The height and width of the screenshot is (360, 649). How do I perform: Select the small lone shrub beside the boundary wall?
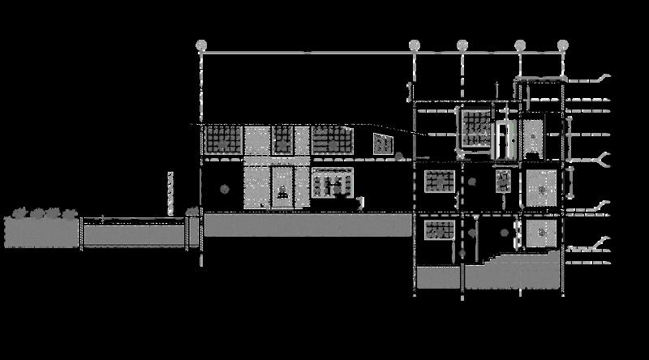(x=193, y=211)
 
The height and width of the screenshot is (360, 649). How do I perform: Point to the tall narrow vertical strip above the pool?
(x=170, y=192)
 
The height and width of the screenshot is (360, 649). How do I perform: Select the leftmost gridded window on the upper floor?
(x=221, y=139)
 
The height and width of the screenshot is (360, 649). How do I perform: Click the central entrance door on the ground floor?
(x=282, y=189)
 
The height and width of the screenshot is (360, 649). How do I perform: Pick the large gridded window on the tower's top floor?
(x=475, y=130)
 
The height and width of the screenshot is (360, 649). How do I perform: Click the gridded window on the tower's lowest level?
(x=439, y=229)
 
